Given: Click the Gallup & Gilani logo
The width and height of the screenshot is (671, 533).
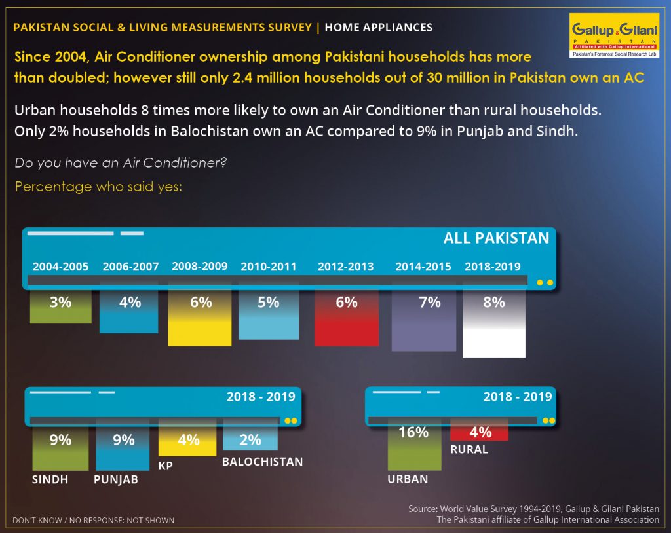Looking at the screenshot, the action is pos(614,35).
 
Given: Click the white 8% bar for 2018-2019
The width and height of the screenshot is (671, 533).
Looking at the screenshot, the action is pos(494,323).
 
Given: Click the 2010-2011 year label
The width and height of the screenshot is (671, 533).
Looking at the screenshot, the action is pos(268,266).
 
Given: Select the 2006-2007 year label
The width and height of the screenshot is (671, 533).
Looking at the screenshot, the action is pos(130,266).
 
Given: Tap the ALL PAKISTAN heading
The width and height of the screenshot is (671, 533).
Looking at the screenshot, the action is pos(497,238).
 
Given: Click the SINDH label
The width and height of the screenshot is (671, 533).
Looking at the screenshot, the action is pos(50,479).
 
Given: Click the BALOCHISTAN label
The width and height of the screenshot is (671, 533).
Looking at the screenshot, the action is pos(262,462).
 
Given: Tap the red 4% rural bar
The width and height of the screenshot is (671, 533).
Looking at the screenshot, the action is pos(479,432).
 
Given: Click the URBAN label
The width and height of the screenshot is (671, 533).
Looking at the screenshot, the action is pos(408,479).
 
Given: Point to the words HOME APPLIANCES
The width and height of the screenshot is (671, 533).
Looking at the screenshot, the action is pos(379,28).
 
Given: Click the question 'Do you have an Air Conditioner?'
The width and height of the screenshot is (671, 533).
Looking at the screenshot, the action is pos(121,163).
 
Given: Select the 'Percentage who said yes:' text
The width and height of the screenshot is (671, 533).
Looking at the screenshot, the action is pos(98,187).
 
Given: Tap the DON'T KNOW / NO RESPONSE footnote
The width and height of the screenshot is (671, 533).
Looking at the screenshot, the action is pos(93,520).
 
